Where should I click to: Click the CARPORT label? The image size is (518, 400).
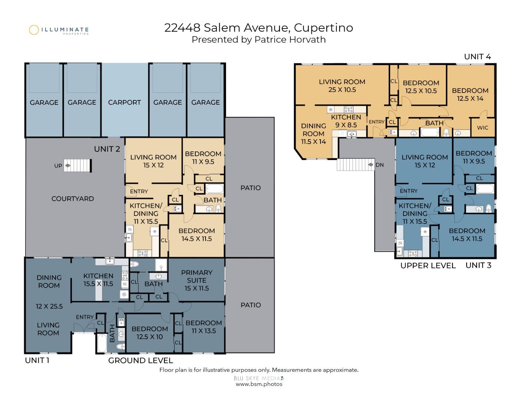coord(124,103)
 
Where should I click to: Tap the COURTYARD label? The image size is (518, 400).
coord(73,199)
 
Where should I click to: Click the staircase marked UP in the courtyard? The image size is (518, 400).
coord(77,166)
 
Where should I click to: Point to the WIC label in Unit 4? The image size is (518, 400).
coord(482,128)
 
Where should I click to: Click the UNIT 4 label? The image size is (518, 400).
coord(477,57)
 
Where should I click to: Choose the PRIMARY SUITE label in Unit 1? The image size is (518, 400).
coord(197,276)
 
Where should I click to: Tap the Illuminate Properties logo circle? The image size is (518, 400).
coord(34,30)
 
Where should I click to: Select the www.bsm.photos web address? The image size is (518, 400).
coord(259,384)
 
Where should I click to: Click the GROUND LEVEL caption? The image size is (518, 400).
coord(140,360)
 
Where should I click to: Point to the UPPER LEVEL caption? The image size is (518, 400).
coord(428,266)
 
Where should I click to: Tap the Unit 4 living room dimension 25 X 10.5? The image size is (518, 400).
coord(342,90)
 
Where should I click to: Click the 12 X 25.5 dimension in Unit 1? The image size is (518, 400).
coord(49,306)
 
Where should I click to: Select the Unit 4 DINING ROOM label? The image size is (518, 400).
coord(313,130)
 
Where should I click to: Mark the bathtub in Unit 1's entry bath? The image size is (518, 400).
coord(102,343)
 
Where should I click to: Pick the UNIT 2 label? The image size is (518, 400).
coord(107,149)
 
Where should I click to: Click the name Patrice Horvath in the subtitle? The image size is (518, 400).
coord(290,40)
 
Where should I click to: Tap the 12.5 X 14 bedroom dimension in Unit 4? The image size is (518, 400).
coord(470,99)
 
